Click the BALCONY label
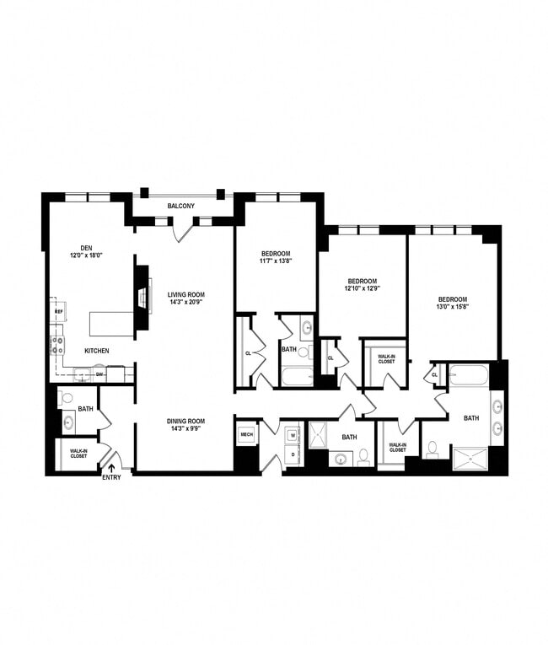[x=181, y=207]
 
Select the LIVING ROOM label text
[x=185, y=294]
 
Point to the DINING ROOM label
[x=185, y=421]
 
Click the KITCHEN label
[x=97, y=350]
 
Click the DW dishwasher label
[x=99, y=374]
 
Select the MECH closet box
[x=246, y=435]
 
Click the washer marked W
[x=293, y=436]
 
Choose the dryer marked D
[x=293, y=454]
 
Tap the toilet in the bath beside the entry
[x=68, y=397]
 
